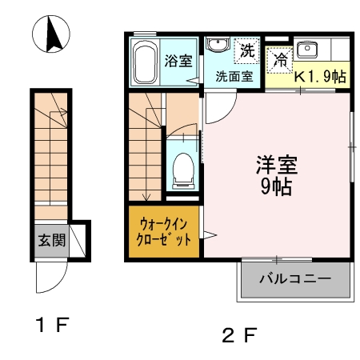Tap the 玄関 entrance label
pyautogui.click(x=50, y=238)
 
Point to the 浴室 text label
pyautogui.click(x=177, y=61)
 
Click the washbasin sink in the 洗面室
pyautogui.click(x=215, y=46)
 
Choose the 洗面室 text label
pyautogui.click(x=234, y=77)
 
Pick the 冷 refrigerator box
pyautogui.click(x=280, y=58)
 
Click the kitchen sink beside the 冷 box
pyautogui.click(x=308, y=50)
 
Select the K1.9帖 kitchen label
pyautogui.click(x=320, y=78)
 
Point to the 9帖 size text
pyautogui.click(x=277, y=188)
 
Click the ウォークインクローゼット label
pyautogui.click(x=165, y=232)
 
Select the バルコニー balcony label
pyautogui.click(x=295, y=280)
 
